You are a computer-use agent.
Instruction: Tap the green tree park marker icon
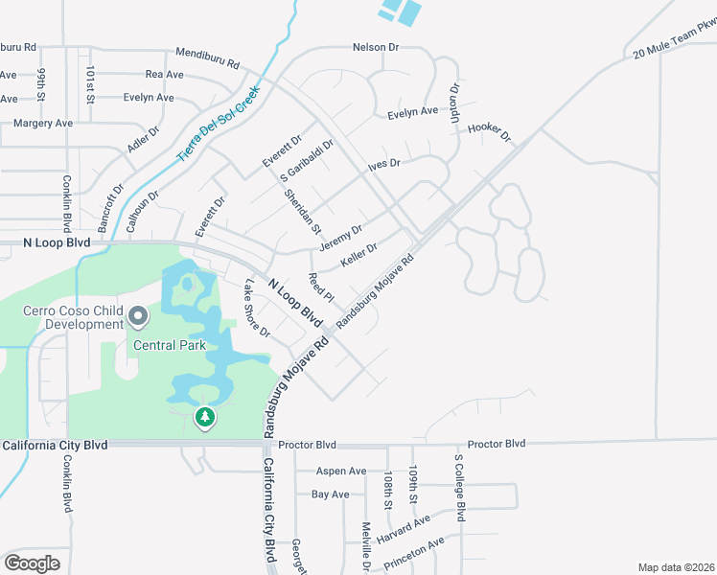tap(204, 417)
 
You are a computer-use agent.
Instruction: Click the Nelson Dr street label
tap(375, 47)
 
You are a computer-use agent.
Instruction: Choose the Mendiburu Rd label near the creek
tap(207, 56)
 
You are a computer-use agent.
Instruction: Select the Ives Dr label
tap(384, 164)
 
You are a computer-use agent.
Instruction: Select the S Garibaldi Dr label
tap(307, 163)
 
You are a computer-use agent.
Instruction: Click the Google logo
tap(32, 563)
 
